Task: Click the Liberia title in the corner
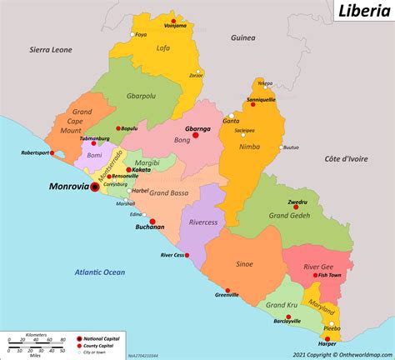coord(361,12)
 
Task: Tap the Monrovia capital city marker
coord(94,187)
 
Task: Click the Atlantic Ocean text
coord(99,272)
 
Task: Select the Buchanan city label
coord(150,226)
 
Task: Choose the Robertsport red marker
coord(52,153)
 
